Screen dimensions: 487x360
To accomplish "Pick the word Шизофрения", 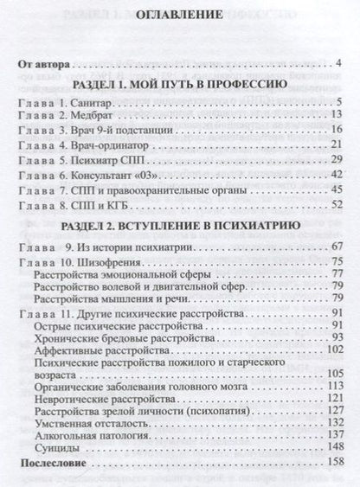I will tap(112, 261).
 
